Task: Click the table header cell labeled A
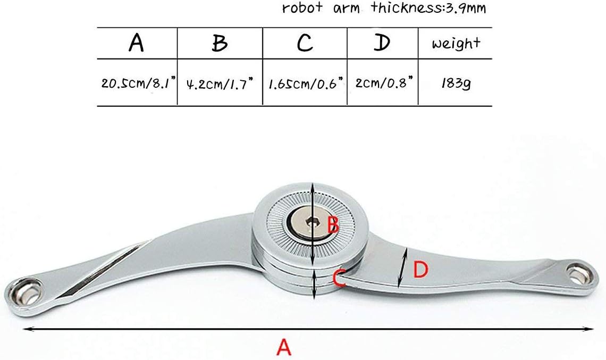pyautogui.click(x=137, y=43)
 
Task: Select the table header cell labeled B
pyautogui.click(x=220, y=43)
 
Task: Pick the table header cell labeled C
pyautogui.click(x=305, y=43)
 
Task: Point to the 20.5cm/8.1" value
pyautogui.click(x=138, y=83)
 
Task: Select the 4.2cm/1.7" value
pyautogui.click(x=220, y=83)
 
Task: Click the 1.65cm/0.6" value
pyautogui.click(x=306, y=83)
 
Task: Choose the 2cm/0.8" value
pyautogui.click(x=384, y=82)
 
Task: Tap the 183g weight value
pyautogui.click(x=456, y=83)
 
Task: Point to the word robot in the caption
pyautogui.click(x=302, y=8)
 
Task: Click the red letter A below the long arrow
pyautogui.click(x=284, y=347)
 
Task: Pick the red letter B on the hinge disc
pyautogui.click(x=333, y=224)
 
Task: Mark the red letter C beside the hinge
pyautogui.click(x=339, y=279)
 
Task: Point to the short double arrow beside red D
pyautogui.click(x=402, y=268)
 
